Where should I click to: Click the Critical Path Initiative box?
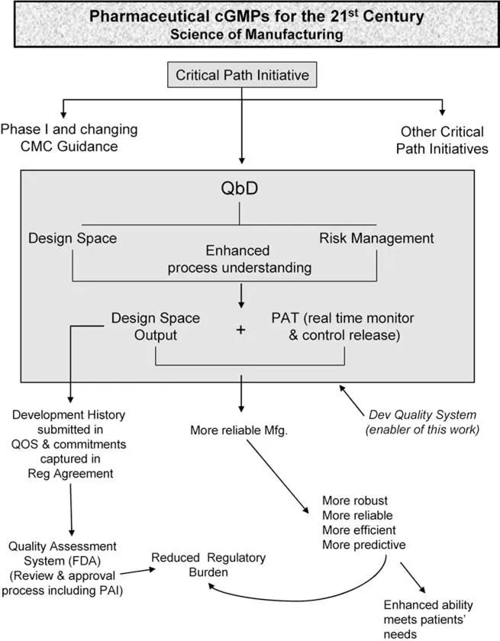coord(241,75)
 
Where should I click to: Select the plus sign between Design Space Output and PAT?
coord(241,330)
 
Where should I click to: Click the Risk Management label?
coord(376,238)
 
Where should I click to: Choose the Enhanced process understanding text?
coord(241,259)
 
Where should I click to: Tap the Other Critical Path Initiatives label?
coord(442,140)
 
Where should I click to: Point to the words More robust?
coord(344,501)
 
